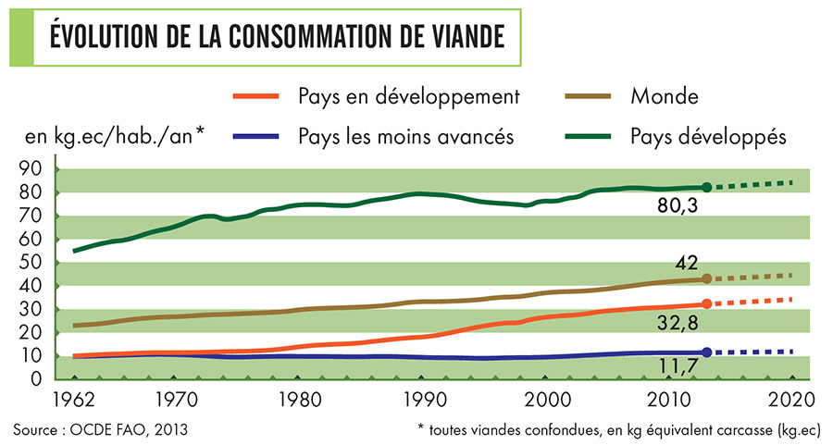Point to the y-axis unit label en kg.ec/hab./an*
[115, 137]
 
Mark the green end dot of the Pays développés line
[707, 187]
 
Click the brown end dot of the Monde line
[707, 278]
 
